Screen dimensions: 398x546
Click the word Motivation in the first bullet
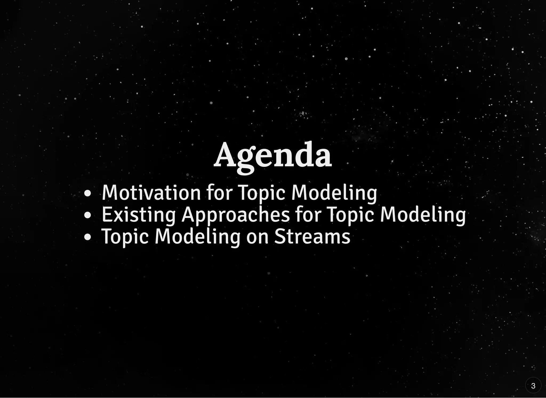point(151,193)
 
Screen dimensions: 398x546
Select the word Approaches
point(235,215)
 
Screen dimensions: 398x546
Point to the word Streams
point(312,236)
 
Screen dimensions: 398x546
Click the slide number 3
point(533,386)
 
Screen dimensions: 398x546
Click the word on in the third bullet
point(257,237)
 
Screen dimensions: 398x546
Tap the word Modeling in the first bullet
point(334,193)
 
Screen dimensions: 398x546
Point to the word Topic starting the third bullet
point(125,237)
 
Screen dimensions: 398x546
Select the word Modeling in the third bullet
point(198,237)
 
